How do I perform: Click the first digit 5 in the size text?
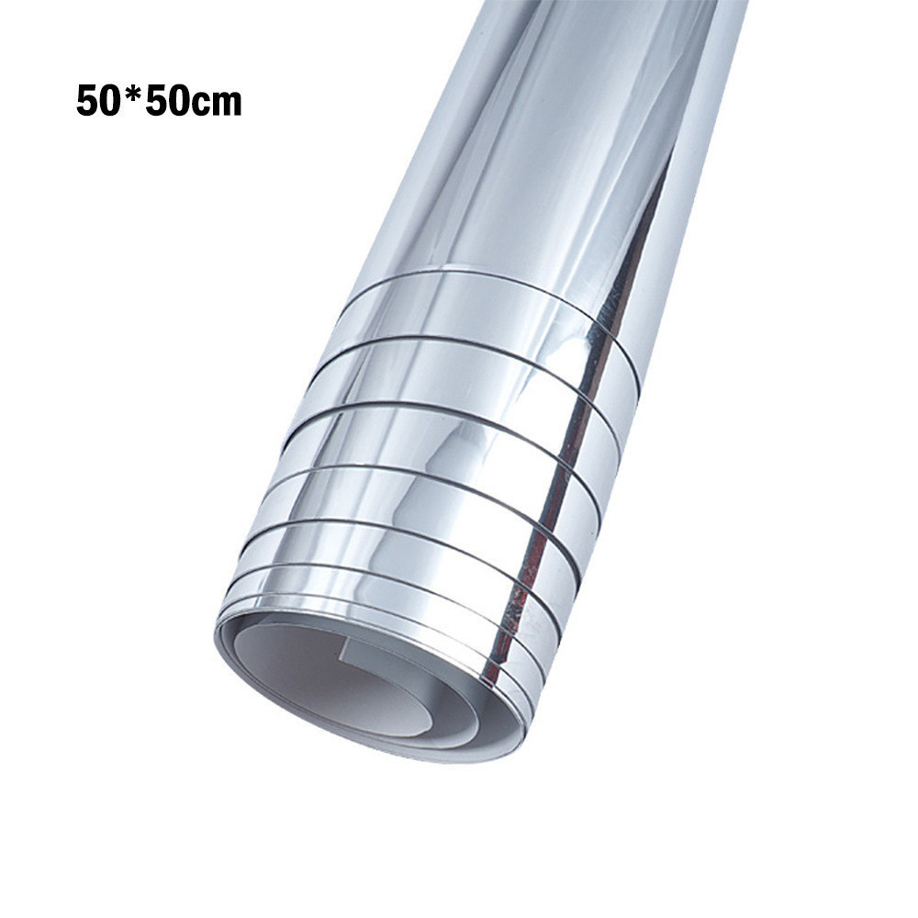click(86, 101)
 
